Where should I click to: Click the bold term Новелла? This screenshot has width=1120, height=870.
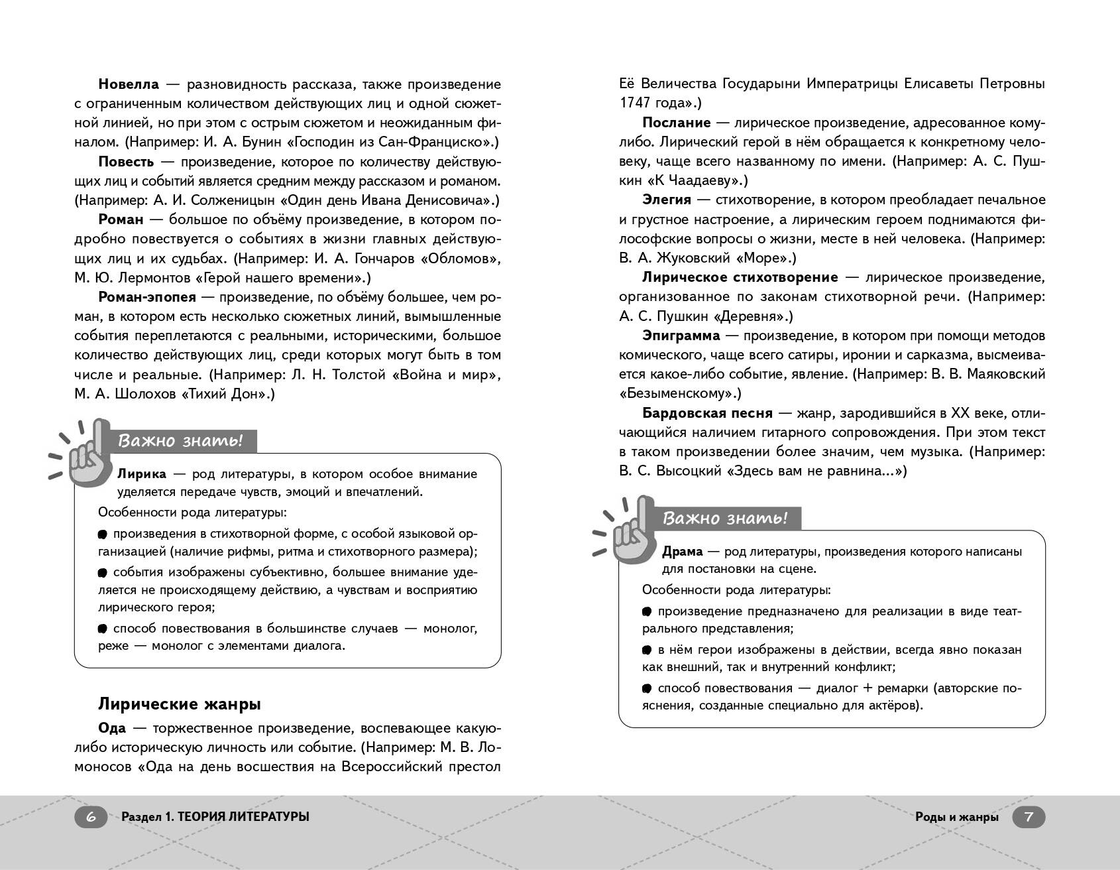pyautogui.click(x=129, y=84)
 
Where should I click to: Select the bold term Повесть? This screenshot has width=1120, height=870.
pyautogui.click(x=126, y=162)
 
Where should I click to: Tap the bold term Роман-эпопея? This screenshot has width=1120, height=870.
pyautogui.click(x=147, y=297)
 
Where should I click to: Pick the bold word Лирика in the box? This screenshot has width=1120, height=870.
pyautogui.click(x=142, y=474)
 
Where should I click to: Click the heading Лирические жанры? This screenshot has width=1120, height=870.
pyautogui.click(x=179, y=704)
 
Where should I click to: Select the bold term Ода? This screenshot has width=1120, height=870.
pyautogui.click(x=112, y=728)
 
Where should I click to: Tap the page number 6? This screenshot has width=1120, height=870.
pyautogui.click(x=91, y=817)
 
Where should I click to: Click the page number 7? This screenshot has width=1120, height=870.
pyautogui.click(x=1029, y=817)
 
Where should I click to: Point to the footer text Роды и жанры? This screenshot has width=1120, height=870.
pyautogui.click(x=956, y=817)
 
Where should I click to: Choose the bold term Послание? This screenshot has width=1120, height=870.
pyautogui.click(x=676, y=123)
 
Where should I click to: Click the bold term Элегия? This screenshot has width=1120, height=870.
pyautogui.click(x=666, y=200)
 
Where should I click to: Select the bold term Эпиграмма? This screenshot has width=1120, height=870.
pyautogui.click(x=681, y=336)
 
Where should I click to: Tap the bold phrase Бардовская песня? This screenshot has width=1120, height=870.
pyautogui.click(x=707, y=413)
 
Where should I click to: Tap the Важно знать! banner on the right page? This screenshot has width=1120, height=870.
pyautogui.click(x=726, y=519)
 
